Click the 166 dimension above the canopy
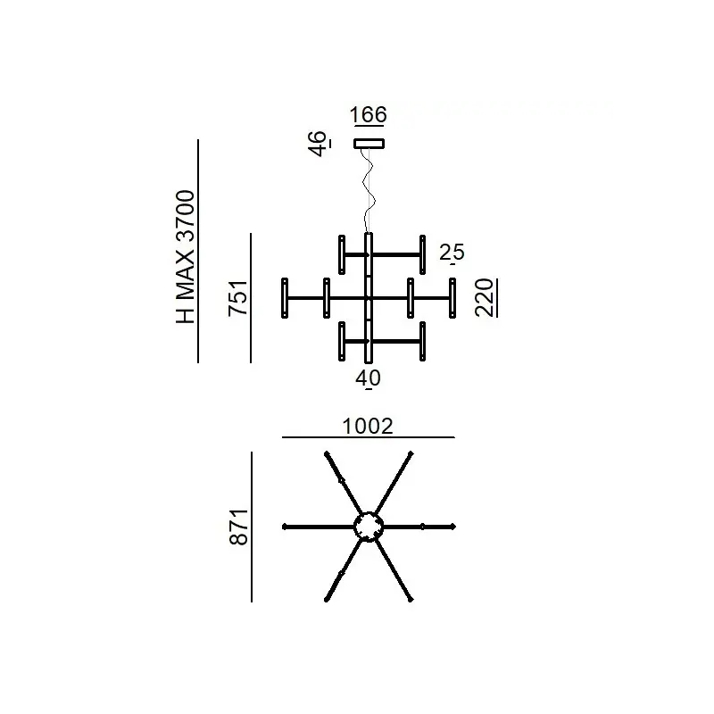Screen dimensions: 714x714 [369, 114]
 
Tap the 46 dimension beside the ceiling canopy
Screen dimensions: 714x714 [318, 144]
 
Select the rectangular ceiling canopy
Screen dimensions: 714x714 [369, 144]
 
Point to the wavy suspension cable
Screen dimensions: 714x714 [369, 191]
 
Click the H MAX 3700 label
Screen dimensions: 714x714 [186, 257]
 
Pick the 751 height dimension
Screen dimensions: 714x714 [238, 298]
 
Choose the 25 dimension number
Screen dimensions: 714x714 [452, 253]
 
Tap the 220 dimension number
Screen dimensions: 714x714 [484, 298]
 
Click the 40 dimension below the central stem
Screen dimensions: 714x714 [368, 378]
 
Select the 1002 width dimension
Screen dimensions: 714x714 [368, 427]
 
